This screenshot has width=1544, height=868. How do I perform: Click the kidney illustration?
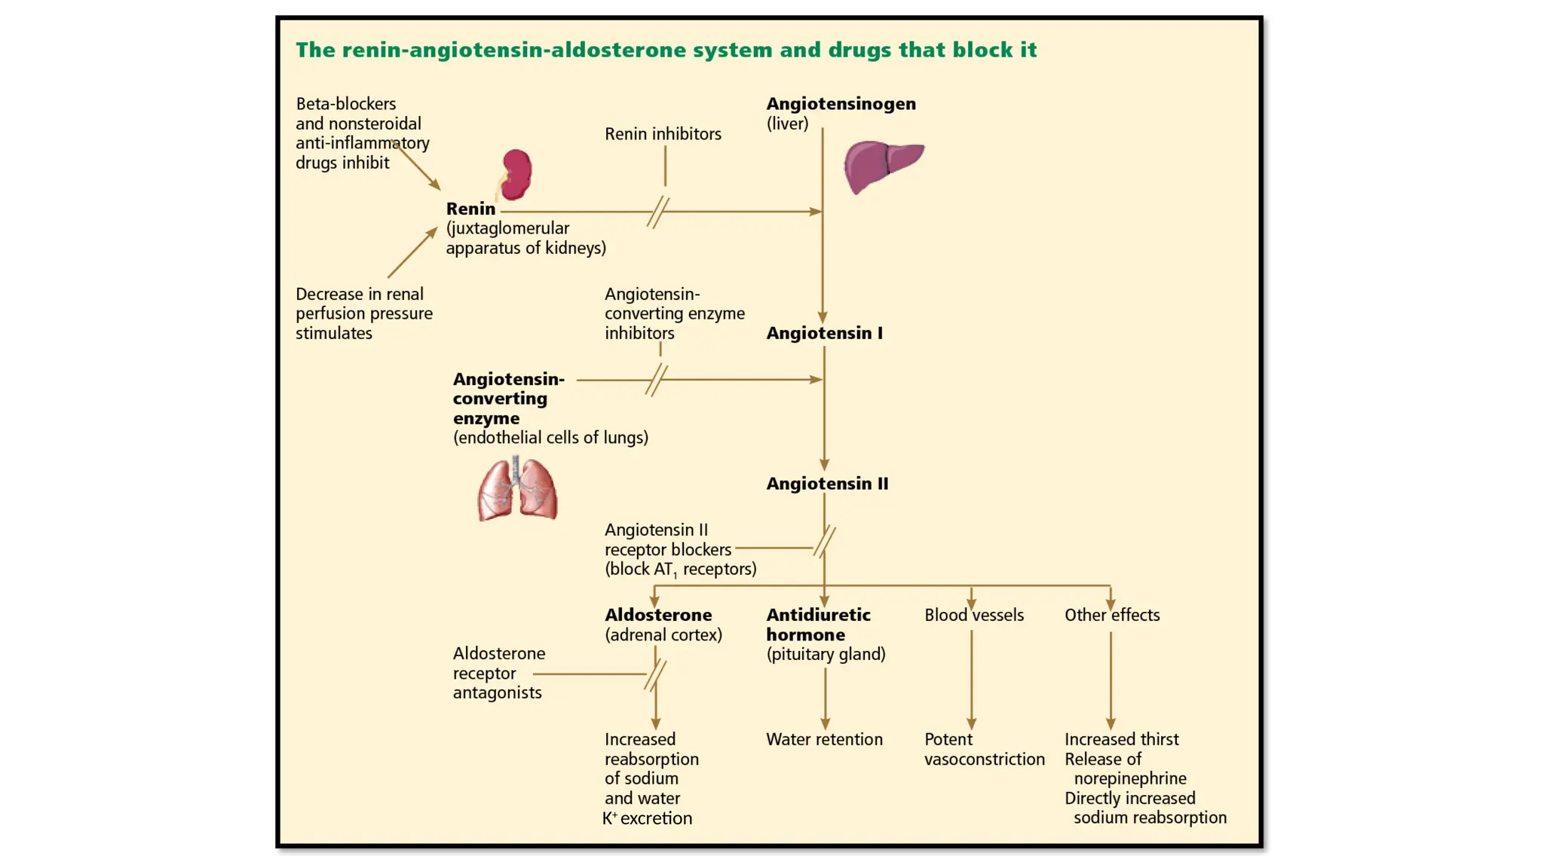coord(516,174)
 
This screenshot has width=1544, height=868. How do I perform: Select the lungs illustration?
coord(517,489)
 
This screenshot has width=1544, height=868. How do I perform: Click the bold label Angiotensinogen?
coord(841,104)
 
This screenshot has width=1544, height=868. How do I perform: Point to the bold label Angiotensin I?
coord(824,333)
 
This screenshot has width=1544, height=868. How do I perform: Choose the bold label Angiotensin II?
coord(827,484)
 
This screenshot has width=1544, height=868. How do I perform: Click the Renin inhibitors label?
coord(663,134)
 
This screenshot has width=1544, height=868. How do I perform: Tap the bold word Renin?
coord(470,209)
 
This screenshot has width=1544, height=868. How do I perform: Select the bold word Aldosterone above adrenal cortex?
coord(657,615)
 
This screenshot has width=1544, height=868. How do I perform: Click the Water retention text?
coord(824,739)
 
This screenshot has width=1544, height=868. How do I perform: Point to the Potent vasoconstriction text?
coord(984,749)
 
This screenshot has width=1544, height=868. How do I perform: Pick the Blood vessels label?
coord(973,615)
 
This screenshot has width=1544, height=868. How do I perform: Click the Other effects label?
coord(1111,615)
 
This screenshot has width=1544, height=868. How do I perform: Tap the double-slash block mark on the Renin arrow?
coord(657,212)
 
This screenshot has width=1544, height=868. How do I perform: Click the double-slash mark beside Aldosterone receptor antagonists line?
coord(655,674)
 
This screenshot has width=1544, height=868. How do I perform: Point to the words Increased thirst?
coord(1121,739)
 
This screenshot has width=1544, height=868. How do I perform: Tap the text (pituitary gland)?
coord(826,654)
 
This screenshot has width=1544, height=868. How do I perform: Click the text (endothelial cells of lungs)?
coord(550,438)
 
